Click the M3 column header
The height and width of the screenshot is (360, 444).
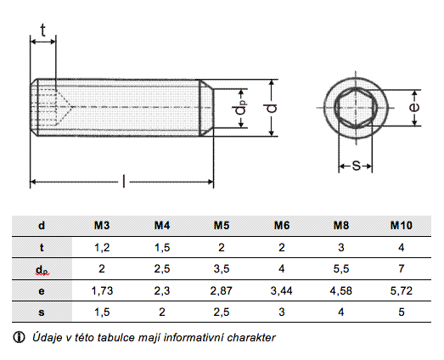tap(102, 226)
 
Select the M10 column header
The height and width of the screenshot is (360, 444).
tap(402, 226)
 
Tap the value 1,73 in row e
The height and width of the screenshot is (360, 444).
tap(102, 291)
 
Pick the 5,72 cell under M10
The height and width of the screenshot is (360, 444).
tap(402, 291)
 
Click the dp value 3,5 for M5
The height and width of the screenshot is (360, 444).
tap(222, 269)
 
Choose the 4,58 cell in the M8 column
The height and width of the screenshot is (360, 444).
tap(341, 291)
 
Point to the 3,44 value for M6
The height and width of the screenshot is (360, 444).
tap(282, 291)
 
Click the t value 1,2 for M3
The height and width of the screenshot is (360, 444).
tap(102, 248)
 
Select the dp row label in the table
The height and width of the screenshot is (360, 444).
tap(42, 270)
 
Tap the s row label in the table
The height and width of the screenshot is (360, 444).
tap(42, 312)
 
